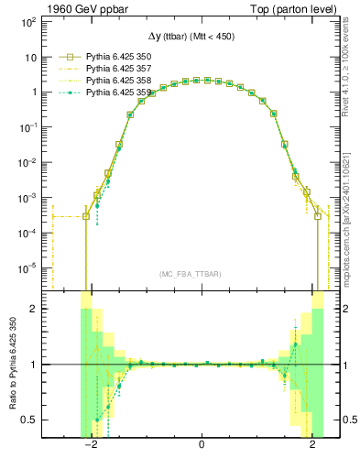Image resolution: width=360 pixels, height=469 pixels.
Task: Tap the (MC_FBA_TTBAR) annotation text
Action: tap(191, 275)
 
